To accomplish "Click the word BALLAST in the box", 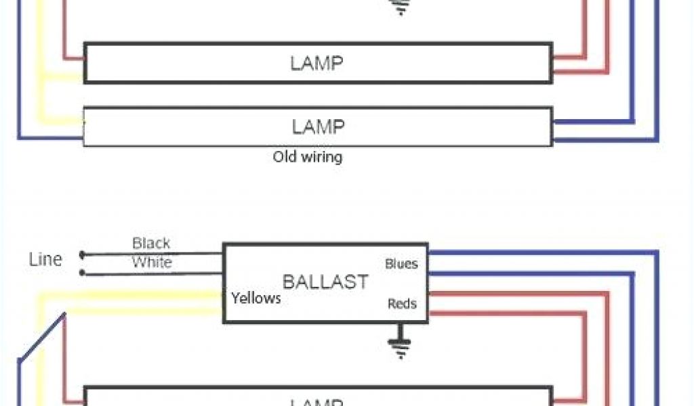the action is coord(325,282).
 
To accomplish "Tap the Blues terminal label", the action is coord(401,263).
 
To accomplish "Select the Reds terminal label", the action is coord(402,304).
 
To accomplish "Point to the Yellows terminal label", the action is coord(256,298).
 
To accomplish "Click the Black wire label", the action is coord(151,243).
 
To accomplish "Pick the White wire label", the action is coord(151,263).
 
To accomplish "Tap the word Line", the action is coord(46,259).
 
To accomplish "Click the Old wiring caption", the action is coord(307,157).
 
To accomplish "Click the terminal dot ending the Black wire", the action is coord(83,255).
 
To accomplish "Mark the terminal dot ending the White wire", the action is coord(83,273).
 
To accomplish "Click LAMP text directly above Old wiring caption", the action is coord(318,127).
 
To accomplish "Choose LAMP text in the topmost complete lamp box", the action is coord(317,64).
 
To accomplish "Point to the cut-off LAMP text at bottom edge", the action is coord(317,402).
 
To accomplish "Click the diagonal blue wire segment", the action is coord(41,338).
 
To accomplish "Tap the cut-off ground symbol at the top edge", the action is coord(402,7).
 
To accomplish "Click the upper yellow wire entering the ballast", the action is coord(136,294).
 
